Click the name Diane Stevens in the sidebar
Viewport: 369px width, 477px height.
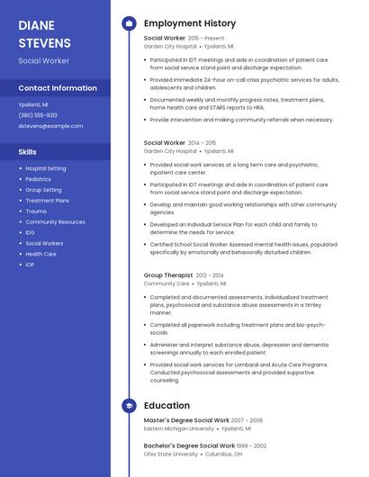44,33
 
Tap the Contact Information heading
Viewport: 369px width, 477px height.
58,88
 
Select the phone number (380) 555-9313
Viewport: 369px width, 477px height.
38,115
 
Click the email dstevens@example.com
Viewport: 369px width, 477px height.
44,126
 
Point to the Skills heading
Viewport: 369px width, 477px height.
28,151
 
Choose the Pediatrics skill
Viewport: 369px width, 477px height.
38,179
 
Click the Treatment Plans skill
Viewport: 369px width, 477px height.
47,201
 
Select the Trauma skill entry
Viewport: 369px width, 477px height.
35,211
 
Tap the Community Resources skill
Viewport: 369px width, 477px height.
55,221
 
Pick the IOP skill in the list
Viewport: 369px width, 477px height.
30,265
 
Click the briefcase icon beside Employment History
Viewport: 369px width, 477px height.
129,23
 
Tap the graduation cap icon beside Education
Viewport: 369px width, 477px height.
129,406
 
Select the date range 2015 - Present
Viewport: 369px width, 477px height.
206,39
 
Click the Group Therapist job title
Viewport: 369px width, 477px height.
168,275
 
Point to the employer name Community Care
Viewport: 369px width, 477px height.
166,283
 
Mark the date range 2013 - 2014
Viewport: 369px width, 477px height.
209,275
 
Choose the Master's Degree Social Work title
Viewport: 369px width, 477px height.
186,420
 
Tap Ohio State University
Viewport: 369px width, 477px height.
170,454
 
